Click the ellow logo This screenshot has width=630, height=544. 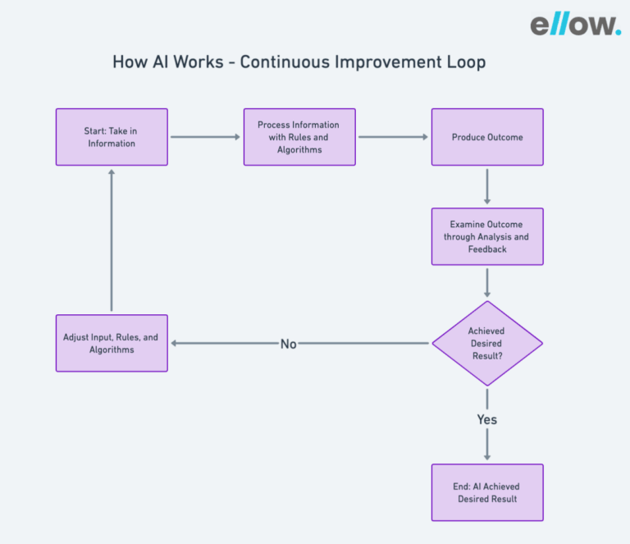[x=575, y=25]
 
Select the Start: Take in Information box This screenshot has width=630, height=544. [x=112, y=137]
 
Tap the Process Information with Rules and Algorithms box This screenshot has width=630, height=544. [x=299, y=137]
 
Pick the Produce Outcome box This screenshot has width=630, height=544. [x=487, y=137]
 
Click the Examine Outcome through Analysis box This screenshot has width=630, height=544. [x=487, y=236]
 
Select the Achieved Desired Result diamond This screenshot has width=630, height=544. [x=487, y=343]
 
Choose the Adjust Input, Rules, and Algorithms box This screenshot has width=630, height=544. [x=112, y=343]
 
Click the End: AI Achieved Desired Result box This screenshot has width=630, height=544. [x=487, y=492]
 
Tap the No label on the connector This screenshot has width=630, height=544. [x=288, y=344]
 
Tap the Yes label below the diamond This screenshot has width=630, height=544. [x=487, y=419]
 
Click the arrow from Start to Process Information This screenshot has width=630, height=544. [x=205, y=137]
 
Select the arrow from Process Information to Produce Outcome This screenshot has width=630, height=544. [x=394, y=137]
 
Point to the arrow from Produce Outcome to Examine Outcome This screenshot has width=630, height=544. [x=487, y=186]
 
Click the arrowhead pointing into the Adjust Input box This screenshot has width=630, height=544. [x=174, y=344]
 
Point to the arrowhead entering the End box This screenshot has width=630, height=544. [x=487, y=456]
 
